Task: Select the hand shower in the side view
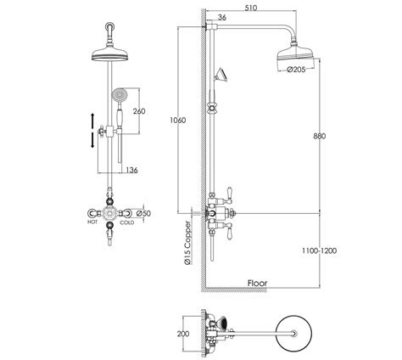[221, 76]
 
